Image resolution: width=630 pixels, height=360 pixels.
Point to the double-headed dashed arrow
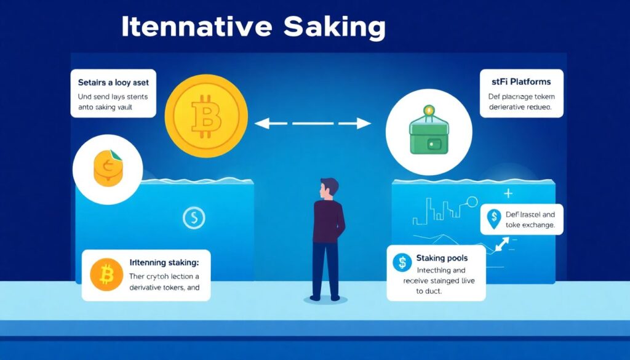(x=313, y=124)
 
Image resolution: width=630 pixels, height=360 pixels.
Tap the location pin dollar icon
(x=493, y=218)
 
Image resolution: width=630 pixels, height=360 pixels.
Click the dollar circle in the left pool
(x=194, y=217)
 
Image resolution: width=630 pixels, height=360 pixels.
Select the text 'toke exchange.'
(x=530, y=226)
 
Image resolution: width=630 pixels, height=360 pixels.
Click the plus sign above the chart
(x=508, y=193)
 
